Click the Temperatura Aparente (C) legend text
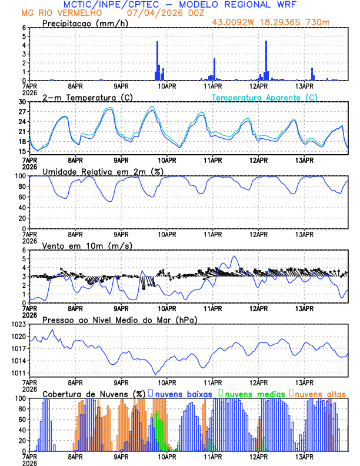coord(264,97)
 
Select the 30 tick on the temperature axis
coord(22,102)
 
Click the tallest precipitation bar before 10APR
coord(158,59)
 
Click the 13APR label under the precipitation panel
coord(304,86)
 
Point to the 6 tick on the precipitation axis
coord(24,28)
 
